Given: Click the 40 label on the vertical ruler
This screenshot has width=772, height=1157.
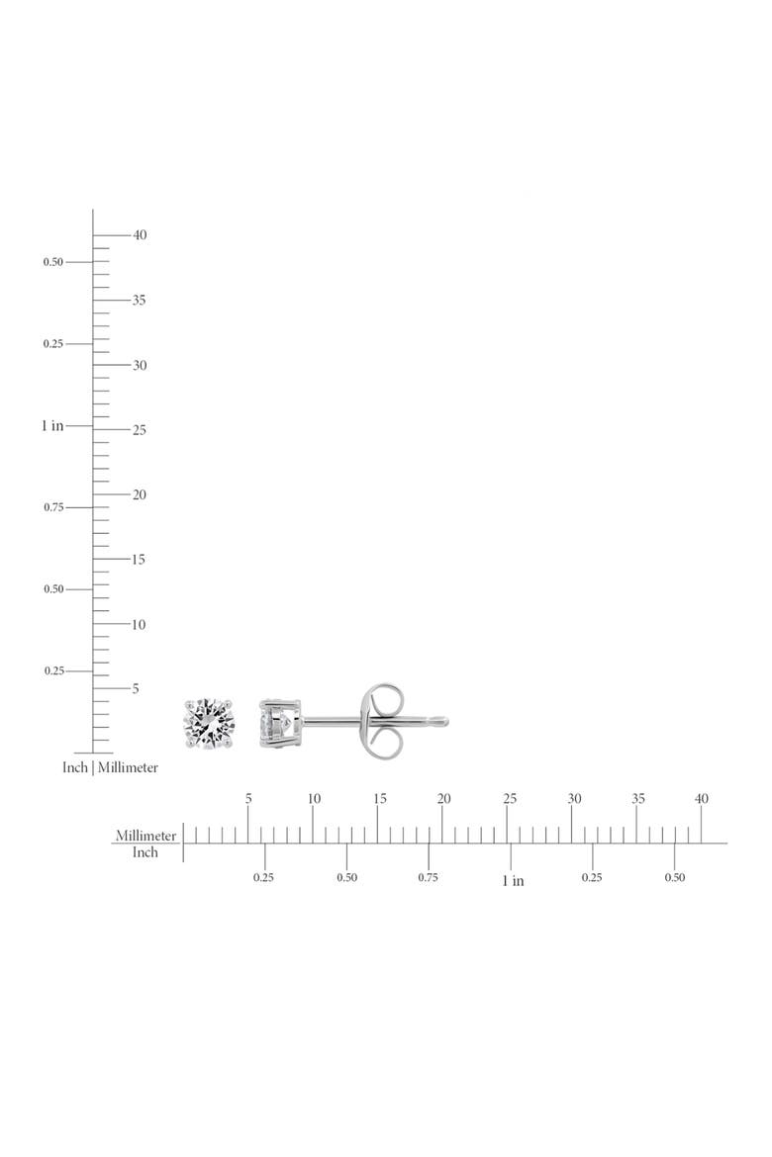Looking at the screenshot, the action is [x=140, y=234].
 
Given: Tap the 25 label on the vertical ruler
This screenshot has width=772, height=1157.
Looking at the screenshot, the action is [x=140, y=429].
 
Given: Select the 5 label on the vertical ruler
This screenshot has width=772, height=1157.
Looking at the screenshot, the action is [x=136, y=688].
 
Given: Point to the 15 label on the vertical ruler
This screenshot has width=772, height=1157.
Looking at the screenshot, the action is [x=139, y=560].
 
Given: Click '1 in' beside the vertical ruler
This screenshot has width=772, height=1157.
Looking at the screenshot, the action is [x=52, y=426].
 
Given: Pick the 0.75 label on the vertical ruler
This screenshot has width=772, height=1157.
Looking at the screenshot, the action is [x=53, y=507].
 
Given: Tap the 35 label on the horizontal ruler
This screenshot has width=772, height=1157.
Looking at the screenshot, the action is [x=638, y=798].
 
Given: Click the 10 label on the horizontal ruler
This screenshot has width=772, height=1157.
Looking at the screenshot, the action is [x=314, y=798].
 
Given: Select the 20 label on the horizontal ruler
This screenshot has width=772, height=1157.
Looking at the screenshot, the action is [x=444, y=798].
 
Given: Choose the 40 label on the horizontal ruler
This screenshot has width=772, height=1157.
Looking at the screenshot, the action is [x=702, y=798].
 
